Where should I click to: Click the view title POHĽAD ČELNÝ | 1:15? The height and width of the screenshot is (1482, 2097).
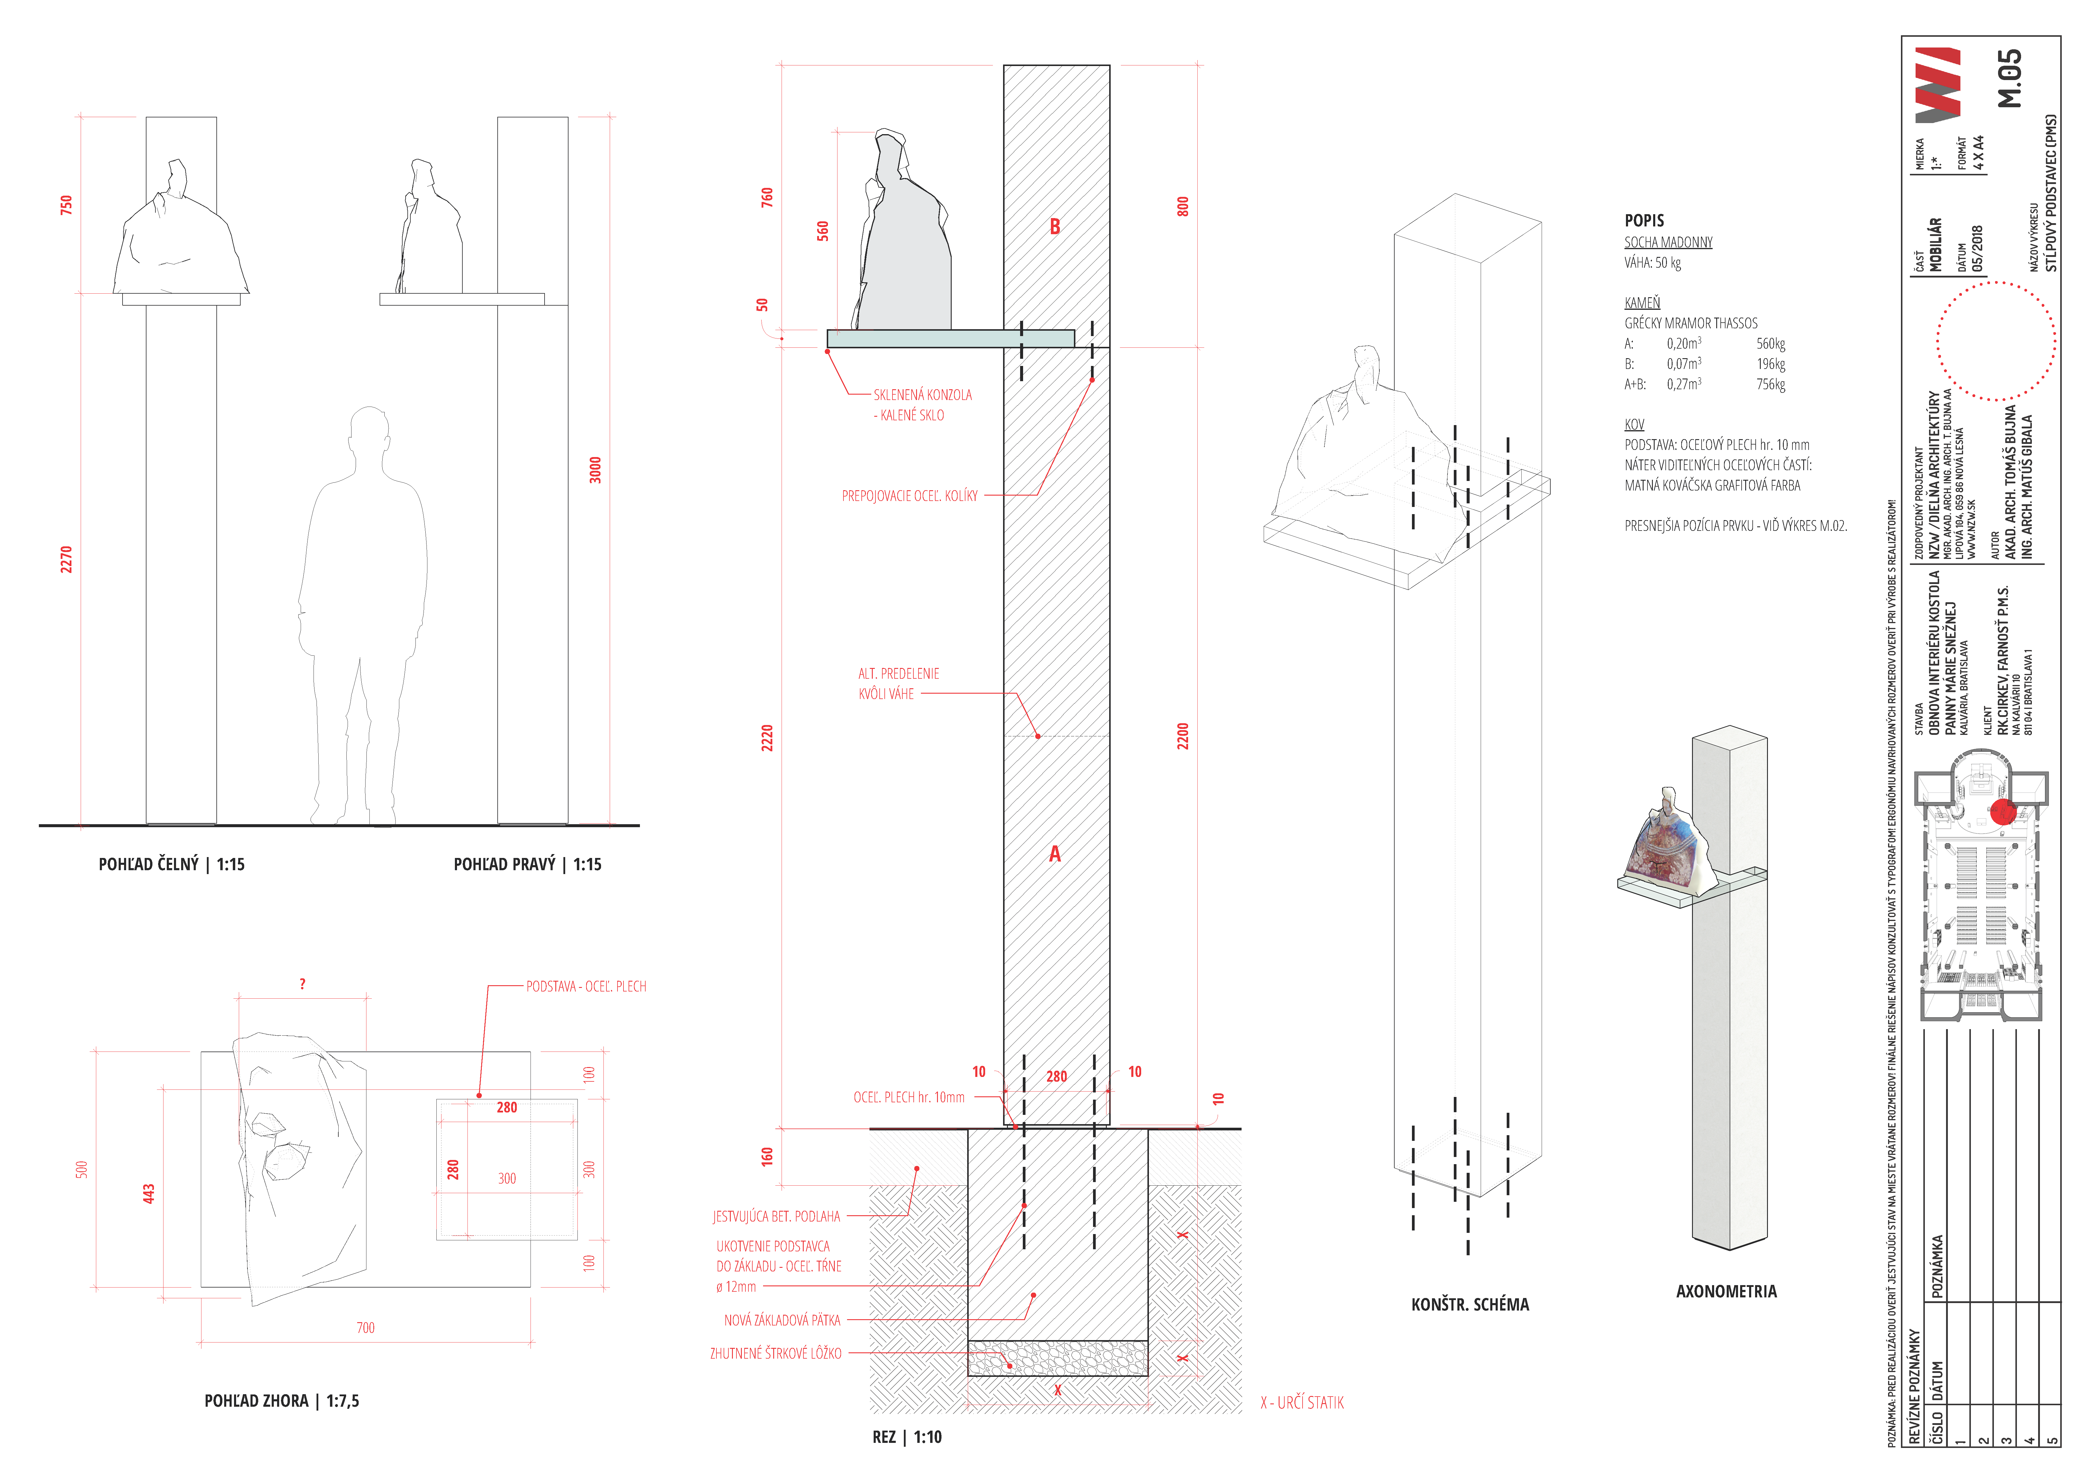pos(172,864)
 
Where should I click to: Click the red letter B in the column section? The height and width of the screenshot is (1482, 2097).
pos(1055,226)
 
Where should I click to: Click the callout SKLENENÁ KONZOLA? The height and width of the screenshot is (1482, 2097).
pos(922,394)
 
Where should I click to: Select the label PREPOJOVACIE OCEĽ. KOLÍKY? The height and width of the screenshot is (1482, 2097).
pos(910,496)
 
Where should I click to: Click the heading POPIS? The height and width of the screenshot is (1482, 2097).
pos(1644,220)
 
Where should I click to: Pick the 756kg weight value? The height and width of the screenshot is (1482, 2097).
pos(1770,384)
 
